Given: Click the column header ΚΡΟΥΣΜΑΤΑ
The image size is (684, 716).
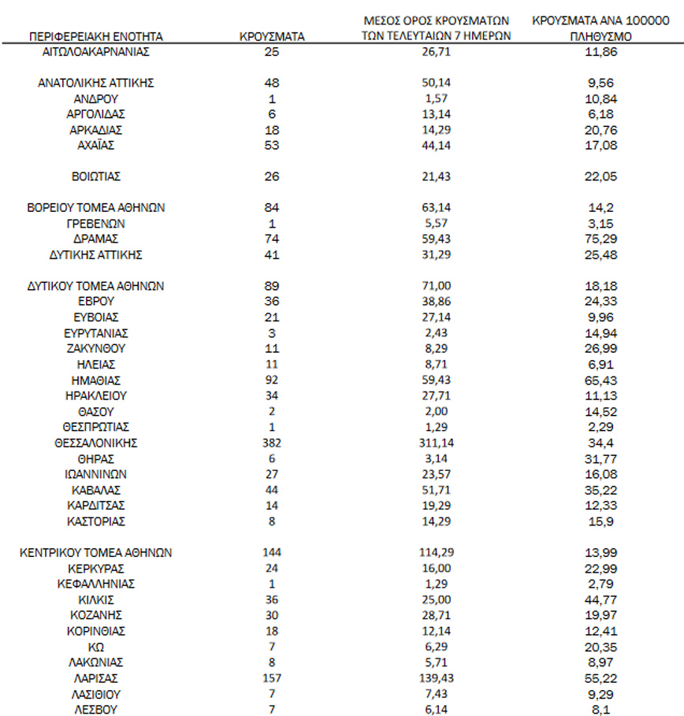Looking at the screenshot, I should coord(272,36).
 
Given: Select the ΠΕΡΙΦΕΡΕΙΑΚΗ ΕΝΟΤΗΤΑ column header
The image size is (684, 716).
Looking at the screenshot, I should coord(95,36).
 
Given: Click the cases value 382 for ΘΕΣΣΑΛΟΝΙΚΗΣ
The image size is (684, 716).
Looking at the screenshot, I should coord(272,443).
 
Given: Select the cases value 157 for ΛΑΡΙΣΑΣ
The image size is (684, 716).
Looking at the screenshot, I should coord(272,677).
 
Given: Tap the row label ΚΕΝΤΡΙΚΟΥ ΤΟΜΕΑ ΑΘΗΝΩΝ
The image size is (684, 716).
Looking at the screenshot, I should coord(95,552).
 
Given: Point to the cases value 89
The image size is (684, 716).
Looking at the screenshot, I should coord(272,286).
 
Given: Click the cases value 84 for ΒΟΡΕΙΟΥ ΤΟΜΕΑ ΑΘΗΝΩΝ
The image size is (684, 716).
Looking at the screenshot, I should coord(272,208).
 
